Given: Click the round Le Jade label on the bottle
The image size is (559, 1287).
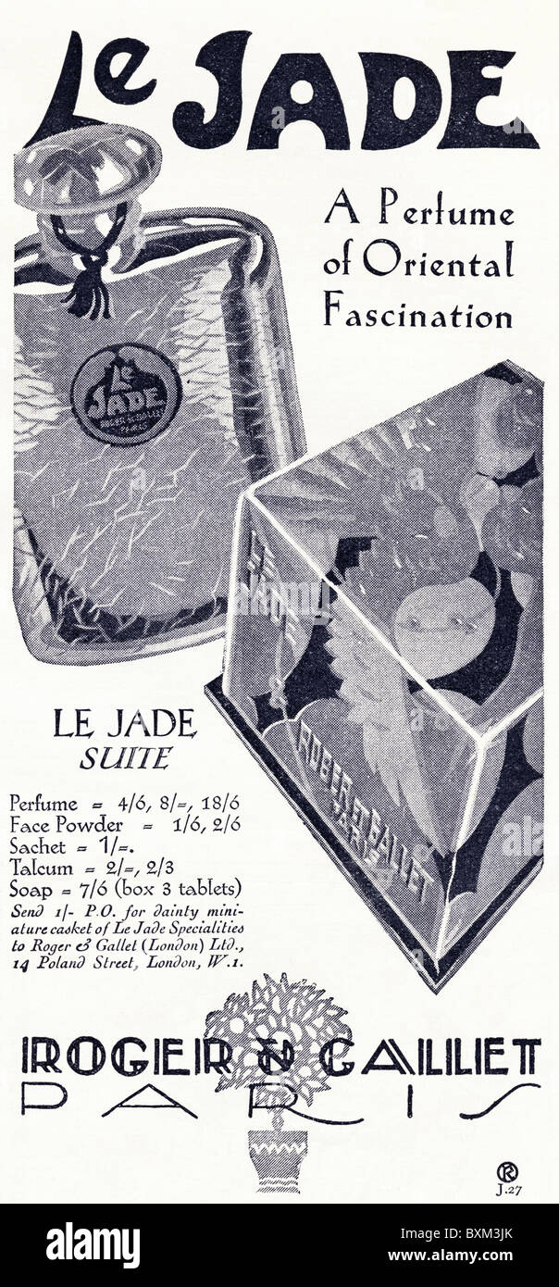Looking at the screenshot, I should click(x=127, y=394).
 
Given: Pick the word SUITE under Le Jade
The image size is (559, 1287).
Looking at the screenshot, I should click(x=136, y=758).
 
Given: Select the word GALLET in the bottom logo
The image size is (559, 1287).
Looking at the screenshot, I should click(x=450, y=1056).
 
